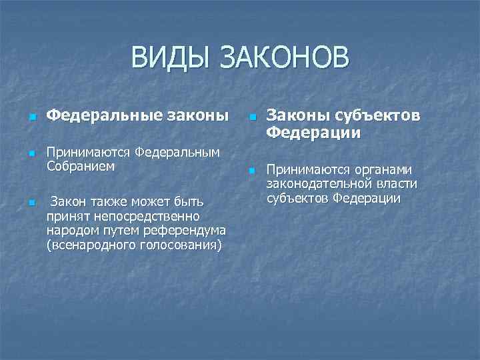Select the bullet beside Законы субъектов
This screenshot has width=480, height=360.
252,118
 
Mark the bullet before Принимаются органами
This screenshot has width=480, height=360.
252,171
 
